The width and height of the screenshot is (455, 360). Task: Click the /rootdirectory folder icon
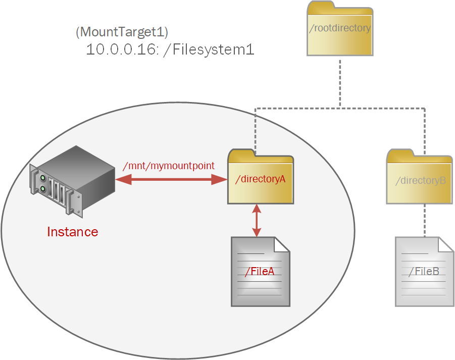(x=340, y=30)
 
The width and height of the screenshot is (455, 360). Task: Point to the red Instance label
(x=72, y=232)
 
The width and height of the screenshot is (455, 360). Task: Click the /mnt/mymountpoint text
(x=169, y=166)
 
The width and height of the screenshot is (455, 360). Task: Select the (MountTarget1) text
(x=121, y=32)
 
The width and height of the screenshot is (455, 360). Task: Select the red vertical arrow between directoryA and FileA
(x=257, y=221)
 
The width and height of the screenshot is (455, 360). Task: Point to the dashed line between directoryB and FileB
(x=425, y=220)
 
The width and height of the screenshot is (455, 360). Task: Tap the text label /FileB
(x=424, y=272)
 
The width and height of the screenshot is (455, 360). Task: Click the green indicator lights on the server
(x=43, y=183)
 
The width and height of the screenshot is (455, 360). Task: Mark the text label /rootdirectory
(x=340, y=28)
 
